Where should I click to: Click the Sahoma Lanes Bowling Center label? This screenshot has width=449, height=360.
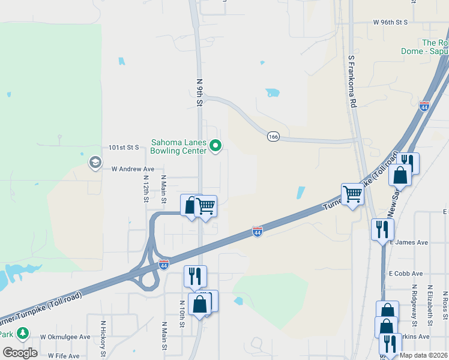179,146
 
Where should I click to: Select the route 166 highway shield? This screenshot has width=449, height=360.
273,137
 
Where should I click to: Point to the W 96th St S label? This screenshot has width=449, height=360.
390,22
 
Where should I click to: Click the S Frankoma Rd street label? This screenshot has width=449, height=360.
352,82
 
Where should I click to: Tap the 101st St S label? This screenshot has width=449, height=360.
124,147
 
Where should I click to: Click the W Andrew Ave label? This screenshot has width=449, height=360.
133,169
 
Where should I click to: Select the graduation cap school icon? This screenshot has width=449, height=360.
94,162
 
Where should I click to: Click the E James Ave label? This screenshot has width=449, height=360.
409,242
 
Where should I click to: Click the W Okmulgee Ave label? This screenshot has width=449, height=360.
65,337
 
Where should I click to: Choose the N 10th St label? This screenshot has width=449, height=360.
182,316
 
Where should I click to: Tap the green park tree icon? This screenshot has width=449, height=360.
23,332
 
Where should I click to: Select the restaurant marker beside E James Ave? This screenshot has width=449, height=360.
382,229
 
